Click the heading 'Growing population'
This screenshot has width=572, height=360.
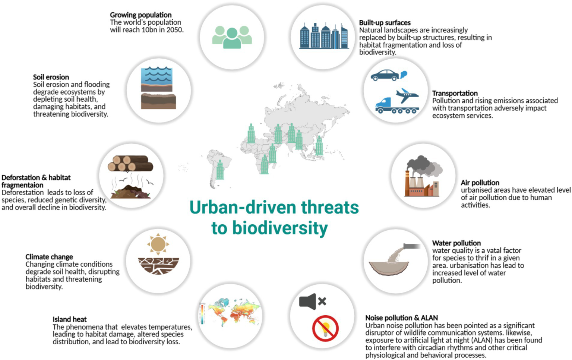coord(140,15)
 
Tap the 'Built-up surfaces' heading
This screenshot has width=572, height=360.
coord(385,23)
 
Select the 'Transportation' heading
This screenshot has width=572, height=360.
coord(455,93)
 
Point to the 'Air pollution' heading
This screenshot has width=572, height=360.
coord(480,183)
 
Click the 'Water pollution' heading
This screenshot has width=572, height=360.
coord(456,243)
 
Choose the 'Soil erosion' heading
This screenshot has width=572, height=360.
coord(51,77)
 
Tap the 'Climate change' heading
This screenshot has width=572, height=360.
coord(49,257)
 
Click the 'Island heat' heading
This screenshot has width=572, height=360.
coord(69,319)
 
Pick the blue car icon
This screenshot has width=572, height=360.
coord(385,75)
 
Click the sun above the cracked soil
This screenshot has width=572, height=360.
coord(158,244)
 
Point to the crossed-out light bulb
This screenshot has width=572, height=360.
coord(325,328)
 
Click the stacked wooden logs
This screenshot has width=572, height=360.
coord(130,163)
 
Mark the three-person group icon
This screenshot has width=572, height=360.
coord(232,37)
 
